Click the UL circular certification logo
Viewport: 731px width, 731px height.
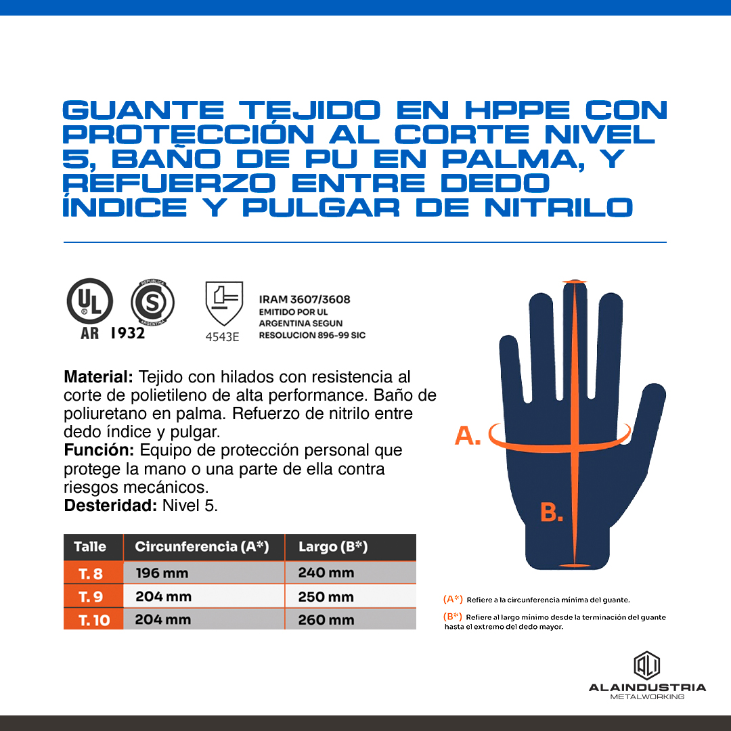pyautogui.click(x=90, y=301)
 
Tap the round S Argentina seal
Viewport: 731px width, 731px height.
pyautogui.click(x=152, y=302)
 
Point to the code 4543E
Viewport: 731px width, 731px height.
pyautogui.click(x=223, y=337)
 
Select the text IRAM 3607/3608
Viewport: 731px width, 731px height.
pyautogui.click(x=305, y=299)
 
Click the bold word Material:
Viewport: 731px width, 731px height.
pyautogui.click(x=98, y=377)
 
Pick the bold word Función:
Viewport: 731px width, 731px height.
pyautogui.click(x=99, y=450)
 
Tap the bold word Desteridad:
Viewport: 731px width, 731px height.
pyautogui.click(x=110, y=506)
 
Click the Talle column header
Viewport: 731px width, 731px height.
pyautogui.click(x=90, y=546)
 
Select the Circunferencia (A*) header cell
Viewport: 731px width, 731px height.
pyautogui.click(x=202, y=546)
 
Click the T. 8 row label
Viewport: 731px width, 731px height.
pyautogui.click(x=91, y=573)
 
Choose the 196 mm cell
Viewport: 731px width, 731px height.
pyautogui.click(x=162, y=573)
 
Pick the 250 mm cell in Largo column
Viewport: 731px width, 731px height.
pyautogui.click(x=326, y=597)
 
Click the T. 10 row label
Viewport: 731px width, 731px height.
pyautogui.click(x=93, y=620)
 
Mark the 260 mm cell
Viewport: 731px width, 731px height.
pyautogui.click(x=326, y=620)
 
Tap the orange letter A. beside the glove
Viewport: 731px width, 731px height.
pyautogui.click(x=467, y=436)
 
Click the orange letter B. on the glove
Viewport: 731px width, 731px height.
pyautogui.click(x=552, y=512)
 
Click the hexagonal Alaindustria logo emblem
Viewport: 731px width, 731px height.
pyautogui.click(x=646, y=665)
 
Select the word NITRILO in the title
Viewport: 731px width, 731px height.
pyautogui.click(x=558, y=208)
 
